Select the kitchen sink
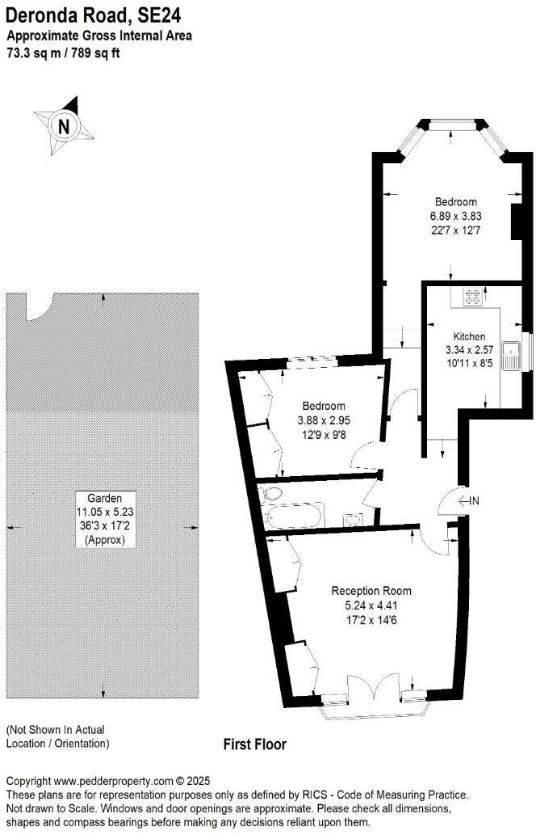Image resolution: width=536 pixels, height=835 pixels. click(512, 356)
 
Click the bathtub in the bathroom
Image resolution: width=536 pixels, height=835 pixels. click(294, 515)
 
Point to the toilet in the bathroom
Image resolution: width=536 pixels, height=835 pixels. click(271, 493)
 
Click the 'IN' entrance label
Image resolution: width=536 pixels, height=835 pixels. click(474, 501)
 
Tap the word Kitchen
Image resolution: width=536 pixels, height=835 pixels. click(469, 336)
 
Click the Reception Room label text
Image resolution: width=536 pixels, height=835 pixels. click(371, 590)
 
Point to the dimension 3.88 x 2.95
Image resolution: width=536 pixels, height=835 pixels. click(324, 420)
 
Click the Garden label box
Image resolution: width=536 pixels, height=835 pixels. click(105, 519)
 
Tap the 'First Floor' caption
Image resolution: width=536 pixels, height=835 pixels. click(254, 744)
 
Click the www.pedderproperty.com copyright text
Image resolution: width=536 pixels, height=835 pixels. click(108, 782)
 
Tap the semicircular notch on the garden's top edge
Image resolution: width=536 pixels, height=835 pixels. click(39, 305)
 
